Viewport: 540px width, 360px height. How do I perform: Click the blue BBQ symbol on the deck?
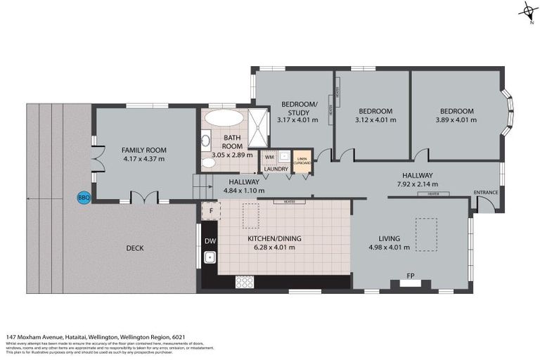coord(83,198)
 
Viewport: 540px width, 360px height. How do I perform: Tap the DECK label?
coord(136,247)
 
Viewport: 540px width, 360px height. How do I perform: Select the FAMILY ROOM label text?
coord(143,150)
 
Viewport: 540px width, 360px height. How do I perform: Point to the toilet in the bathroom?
coord(208,163)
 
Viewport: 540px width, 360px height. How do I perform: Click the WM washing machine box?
coord(269,157)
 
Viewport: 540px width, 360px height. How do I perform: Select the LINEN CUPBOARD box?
coord(302,159)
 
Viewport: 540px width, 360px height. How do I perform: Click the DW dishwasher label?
coord(210,241)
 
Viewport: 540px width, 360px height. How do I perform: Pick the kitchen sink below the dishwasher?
coord(210,258)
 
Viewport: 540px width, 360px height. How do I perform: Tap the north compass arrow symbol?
coord(526,11)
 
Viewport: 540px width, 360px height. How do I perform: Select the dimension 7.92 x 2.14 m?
coord(417,185)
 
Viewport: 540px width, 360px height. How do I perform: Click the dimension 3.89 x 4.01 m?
coord(456,120)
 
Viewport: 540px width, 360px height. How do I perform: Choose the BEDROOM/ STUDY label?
coord(299,108)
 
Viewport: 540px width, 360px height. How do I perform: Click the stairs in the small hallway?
coord(202,187)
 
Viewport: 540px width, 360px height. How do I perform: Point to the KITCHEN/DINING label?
coord(274,238)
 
